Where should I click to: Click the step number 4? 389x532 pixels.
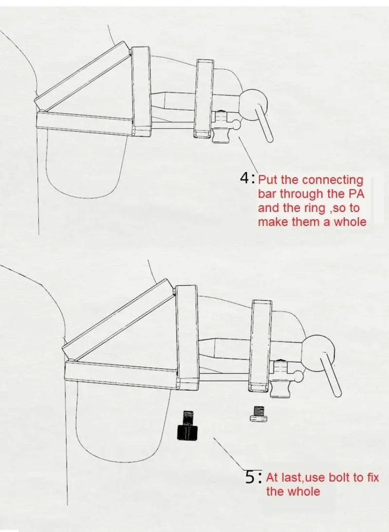pyautogui.click(x=245, y=178)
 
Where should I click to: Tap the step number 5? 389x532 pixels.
pyautogui.click(x=250, y=478)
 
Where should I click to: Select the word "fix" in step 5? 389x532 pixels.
pyautogui.click(x=373, y=478)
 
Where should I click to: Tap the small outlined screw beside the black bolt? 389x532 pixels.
pyautogui.click(x=258, y=414)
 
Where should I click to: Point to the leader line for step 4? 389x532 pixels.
pyautogui.click(x=247, y=154)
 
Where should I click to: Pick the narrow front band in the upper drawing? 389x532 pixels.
pyautogui.click(x=204, y=99)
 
